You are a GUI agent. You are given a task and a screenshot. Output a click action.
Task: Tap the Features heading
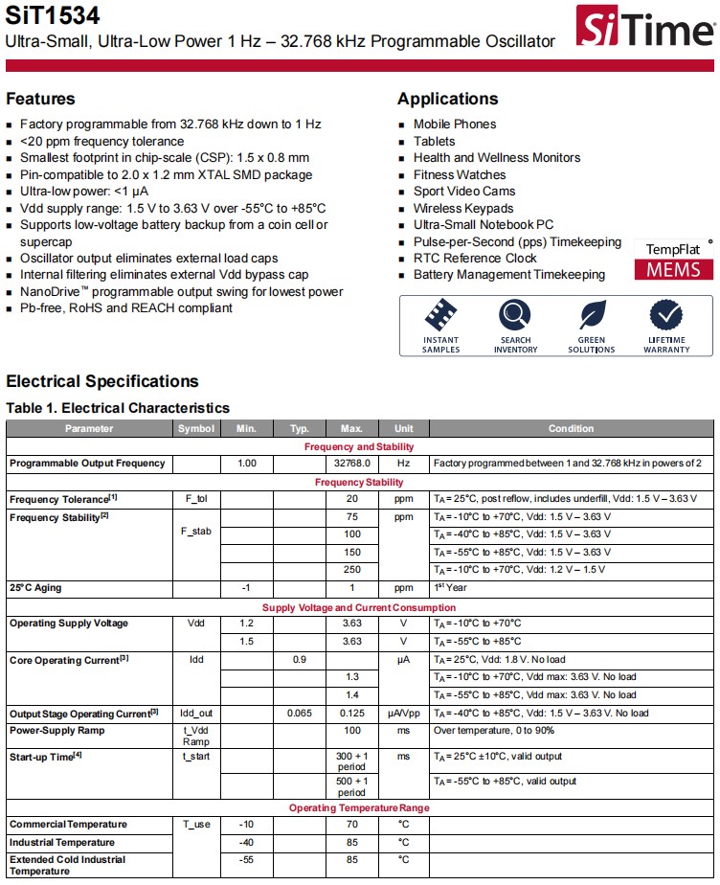coord(40,99)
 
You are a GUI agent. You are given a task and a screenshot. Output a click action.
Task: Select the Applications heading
coord(447,99)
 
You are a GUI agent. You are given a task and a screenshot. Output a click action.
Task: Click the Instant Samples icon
coord(440,315)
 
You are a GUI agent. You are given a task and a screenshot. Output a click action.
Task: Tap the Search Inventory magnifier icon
coord(515,315)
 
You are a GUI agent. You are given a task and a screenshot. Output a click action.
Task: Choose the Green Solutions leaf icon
coord(592,315)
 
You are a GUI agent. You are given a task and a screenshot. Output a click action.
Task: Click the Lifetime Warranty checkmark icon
coord(666,315)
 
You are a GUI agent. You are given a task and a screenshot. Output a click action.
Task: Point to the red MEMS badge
coord(673,269)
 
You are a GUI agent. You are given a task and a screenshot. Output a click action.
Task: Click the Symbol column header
coord(196,428)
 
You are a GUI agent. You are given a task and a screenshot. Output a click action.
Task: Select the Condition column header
coord(571,428)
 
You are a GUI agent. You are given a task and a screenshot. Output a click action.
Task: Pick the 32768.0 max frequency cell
coord(352,464)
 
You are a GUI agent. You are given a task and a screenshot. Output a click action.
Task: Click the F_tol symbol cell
coord(196,499)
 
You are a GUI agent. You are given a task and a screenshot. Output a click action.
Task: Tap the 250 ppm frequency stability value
coord(352,570)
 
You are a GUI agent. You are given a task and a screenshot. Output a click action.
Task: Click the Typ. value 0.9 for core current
coord(300,659)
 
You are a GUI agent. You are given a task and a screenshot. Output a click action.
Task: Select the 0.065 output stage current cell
coord(300,713)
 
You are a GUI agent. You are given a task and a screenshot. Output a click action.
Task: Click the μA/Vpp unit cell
coord(403,713)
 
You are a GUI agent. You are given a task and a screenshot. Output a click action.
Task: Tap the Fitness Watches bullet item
coord(459,174)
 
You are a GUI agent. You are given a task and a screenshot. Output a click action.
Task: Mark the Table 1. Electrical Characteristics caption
coord(118,408)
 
